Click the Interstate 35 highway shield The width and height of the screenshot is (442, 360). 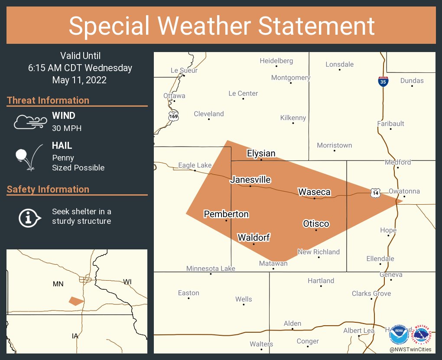point(383,81)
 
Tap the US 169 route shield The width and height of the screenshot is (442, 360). point(173,115)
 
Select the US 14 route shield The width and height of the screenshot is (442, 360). point(375,193)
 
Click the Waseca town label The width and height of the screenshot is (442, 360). point(314,192)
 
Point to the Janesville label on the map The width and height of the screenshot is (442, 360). point(250,180)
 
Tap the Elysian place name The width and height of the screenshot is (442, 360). point(261,154)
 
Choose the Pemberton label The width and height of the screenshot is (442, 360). point(226,214)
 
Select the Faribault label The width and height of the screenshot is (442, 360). point(390,124)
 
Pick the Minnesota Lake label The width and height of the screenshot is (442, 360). point(211,268)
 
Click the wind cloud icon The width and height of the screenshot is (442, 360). point(30,122)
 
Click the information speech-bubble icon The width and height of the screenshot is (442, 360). point(29,217)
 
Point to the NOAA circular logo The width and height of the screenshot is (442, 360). point(399,335)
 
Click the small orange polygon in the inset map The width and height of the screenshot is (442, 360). point(76,301)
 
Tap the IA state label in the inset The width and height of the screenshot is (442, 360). point(75,336)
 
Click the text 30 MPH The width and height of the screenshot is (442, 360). point(67,128)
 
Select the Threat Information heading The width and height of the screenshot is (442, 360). point(48,100)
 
